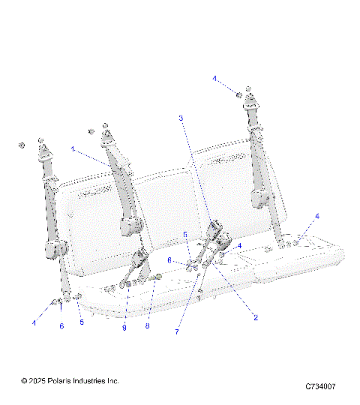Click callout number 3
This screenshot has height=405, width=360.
tap(181, 118)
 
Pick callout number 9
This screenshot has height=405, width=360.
tap(125, 327)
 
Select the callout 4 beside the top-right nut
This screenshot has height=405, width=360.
tap(214, 78)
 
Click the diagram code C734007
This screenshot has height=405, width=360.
tap(319, 386)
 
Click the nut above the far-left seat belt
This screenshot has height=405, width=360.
tap(22, 144)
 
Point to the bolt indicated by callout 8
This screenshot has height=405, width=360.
tap(156, 278)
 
